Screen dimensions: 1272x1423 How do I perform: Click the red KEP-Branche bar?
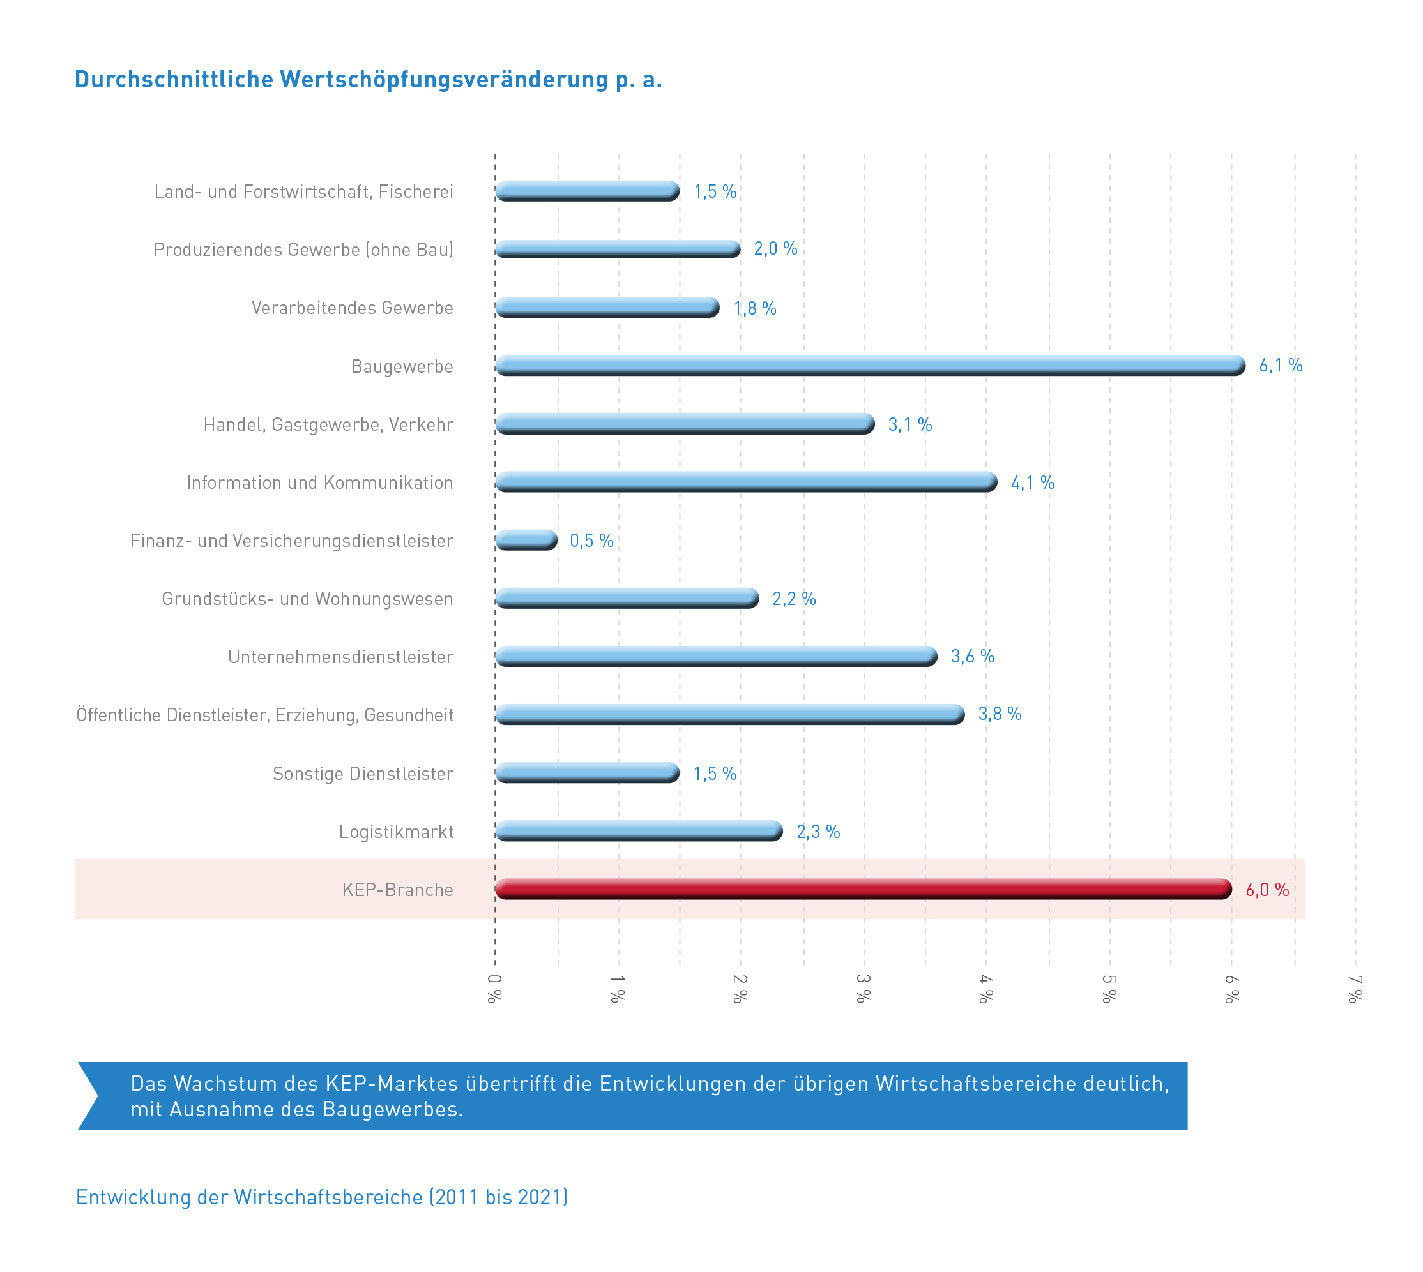click(x=862, y=888)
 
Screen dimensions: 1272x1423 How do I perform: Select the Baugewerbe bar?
click(x=869, y=365)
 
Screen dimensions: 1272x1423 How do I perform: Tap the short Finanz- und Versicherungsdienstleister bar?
click(x=526, y=539)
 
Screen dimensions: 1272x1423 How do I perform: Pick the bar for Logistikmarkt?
click(x=639, y=830)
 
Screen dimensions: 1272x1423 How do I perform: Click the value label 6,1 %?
click(x=1280, y=365)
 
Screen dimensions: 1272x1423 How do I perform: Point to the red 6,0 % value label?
click(x=1267, y=889)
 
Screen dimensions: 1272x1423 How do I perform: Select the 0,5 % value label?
click(x=591, y=540)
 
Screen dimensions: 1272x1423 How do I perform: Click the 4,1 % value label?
click(x=1031, y=483)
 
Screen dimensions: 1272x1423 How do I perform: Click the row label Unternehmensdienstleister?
click(x=340, y=656)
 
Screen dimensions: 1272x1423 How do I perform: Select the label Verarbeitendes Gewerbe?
click(x=352, y=308)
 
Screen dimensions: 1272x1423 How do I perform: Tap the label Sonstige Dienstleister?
click(x=362, y=773)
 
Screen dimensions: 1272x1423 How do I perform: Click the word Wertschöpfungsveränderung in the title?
click(x=443, y=80)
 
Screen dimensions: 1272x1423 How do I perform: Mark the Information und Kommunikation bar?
click(x=745, y=481)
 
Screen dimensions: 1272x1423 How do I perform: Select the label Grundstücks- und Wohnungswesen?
click(x=307, y=598)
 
